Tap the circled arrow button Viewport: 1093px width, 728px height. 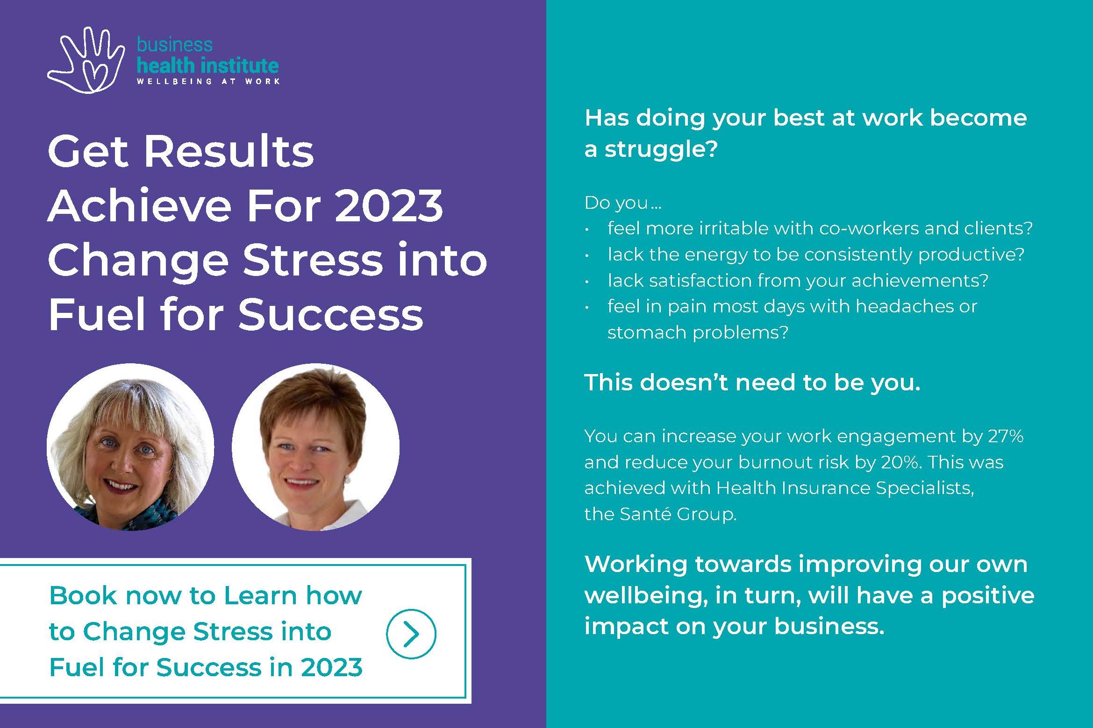pyautogui.click(x=411, y=634)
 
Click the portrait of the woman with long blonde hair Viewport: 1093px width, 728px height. pyautogui.click(x=130, y=447)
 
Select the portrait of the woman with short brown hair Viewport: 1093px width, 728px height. pyautogui.click(x=315, y=447)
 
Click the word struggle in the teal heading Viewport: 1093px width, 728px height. pyautogui.click(x=661, y=150)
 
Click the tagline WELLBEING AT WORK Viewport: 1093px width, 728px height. pyautogui.click(x=208, y=81)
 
